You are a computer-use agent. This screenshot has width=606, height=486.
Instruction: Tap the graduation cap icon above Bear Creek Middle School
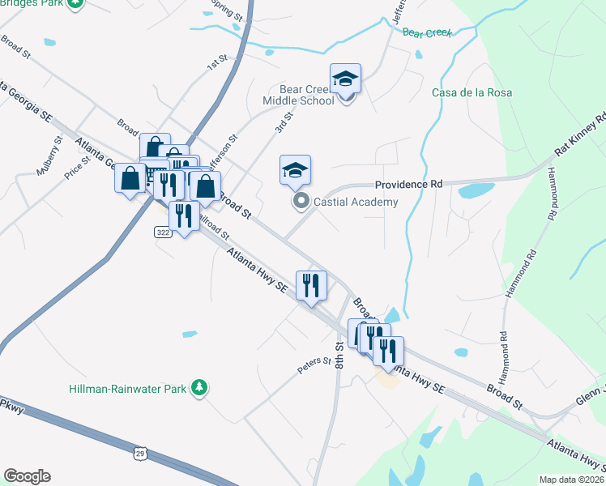(346, 79)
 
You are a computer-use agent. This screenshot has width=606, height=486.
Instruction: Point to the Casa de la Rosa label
(472, 92)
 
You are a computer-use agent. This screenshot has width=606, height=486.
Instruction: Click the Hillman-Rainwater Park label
(128, 389)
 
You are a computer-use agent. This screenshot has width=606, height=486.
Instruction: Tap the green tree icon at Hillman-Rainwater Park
(198, 389)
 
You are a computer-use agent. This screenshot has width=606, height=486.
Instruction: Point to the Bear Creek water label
(425, 32)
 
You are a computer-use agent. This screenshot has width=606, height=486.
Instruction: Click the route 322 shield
(164, 232)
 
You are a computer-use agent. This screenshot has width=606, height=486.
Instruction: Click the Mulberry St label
(53, 150)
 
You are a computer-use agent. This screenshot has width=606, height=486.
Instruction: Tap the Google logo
(27, 476)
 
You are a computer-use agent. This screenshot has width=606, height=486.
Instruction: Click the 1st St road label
(216, 62)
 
